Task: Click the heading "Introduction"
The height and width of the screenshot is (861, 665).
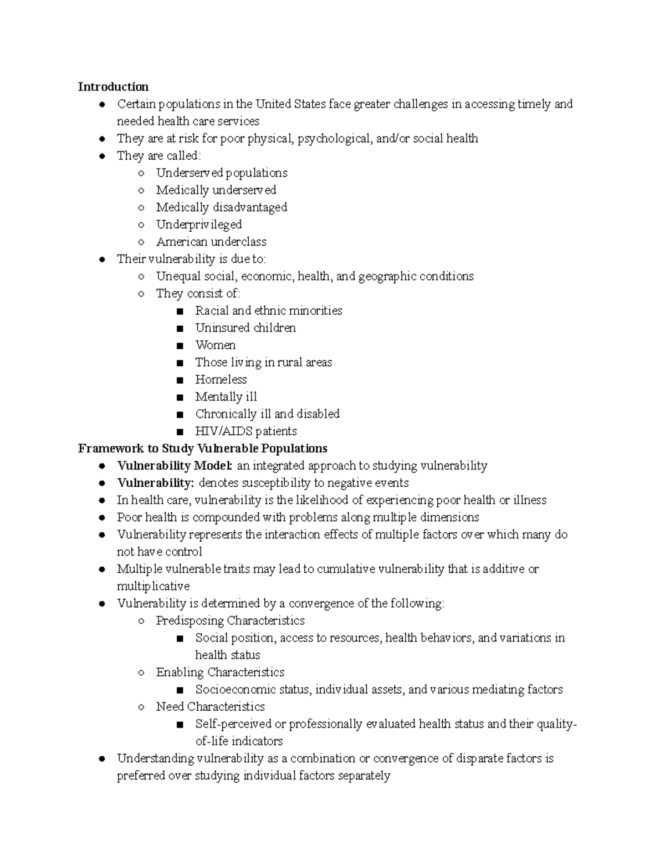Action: [x=113, y=86]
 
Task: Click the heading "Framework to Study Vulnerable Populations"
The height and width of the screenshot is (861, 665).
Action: [x=202, y=448]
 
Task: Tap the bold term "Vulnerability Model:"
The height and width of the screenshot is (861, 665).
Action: [x=175, y=465]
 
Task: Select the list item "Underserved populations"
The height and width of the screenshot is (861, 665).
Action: [x=222, y=172]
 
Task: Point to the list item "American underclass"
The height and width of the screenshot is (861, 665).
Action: [x=211, y=242]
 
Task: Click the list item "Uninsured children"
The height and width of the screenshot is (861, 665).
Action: [x=245, y=328]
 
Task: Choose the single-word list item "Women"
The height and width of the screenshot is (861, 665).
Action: [x=215, y=345]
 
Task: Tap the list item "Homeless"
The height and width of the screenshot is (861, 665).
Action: [x=221, y=379]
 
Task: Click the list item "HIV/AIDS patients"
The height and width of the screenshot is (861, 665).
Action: [x=245, y=431]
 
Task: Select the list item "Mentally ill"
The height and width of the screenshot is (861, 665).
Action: [x=226, y=396]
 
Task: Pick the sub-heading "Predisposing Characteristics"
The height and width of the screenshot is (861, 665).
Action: [x=230, y=620]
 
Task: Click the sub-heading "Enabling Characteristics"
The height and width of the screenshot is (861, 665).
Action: [x=220, y=672]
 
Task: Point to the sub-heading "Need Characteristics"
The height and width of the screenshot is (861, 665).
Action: [x=210, y=706]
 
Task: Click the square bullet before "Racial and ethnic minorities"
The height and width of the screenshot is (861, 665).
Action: [x=180, y=311]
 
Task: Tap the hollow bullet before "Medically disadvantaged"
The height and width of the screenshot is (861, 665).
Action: [x=141, y=207]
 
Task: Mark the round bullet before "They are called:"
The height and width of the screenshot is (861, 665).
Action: [x=102, y=156]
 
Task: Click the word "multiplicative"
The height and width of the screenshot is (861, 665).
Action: [x=153, y=586]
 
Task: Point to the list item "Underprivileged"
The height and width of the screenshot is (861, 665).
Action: [x=198, y=225]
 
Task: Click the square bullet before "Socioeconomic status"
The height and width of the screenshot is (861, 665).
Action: [x=180, y=690]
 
